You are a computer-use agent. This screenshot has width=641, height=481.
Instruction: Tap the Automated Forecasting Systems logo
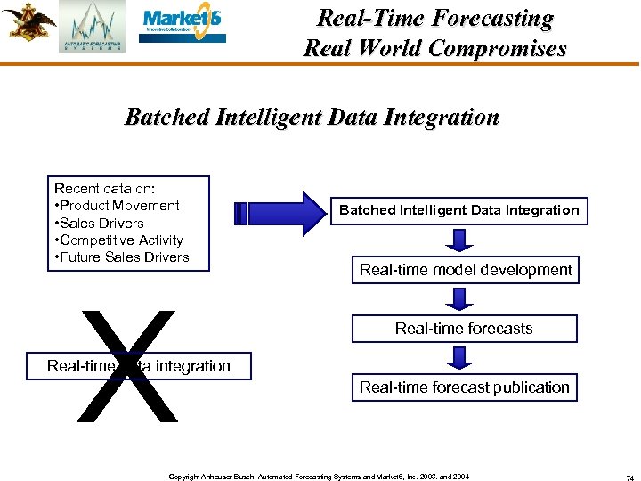pyautogui.click(x=92, y=27)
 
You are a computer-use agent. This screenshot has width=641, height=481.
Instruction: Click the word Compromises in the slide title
pyautogui.click(x=497, y=48)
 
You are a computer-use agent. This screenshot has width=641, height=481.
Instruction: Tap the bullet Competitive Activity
pyautogui.click(x=122, y=240)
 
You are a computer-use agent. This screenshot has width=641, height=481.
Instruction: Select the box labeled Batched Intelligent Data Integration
pyautogui.click(x=458, y=210)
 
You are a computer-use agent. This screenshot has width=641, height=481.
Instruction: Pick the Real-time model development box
pyautogui.click(x=466, y=270)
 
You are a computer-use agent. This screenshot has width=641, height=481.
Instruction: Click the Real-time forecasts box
pyautogui.click(x=464, y=329)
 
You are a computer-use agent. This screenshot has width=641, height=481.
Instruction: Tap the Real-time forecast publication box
pyautogui.click(x=464, y=387)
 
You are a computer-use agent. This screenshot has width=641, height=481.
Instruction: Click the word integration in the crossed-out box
pyautogui.click(x=192, y=366)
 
